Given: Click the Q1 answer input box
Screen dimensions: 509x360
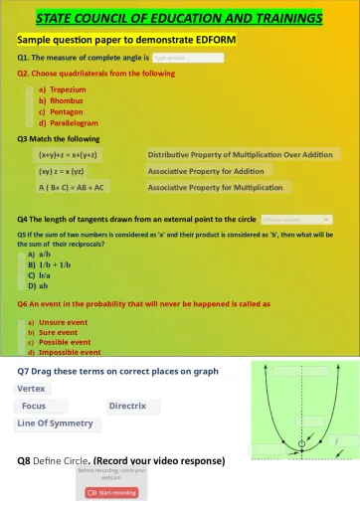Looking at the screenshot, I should tap(188, 58).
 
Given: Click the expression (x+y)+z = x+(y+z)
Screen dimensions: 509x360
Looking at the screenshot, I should tap(72, 155).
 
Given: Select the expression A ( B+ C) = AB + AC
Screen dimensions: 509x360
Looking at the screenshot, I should tap(72, 187).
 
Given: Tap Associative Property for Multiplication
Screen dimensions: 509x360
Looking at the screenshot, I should tap(215, 187).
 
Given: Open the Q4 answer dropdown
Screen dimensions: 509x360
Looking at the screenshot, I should tap(296, 219).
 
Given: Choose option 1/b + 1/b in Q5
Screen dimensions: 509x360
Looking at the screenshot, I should tap(54, 265).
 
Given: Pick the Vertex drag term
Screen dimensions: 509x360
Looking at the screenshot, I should tap(32, 388).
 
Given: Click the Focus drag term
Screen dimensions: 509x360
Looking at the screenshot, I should tap(34, 406).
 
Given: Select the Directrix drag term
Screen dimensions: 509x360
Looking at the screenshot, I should tap(127, 406).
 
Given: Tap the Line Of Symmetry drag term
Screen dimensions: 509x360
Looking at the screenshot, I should tap(56, 423).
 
